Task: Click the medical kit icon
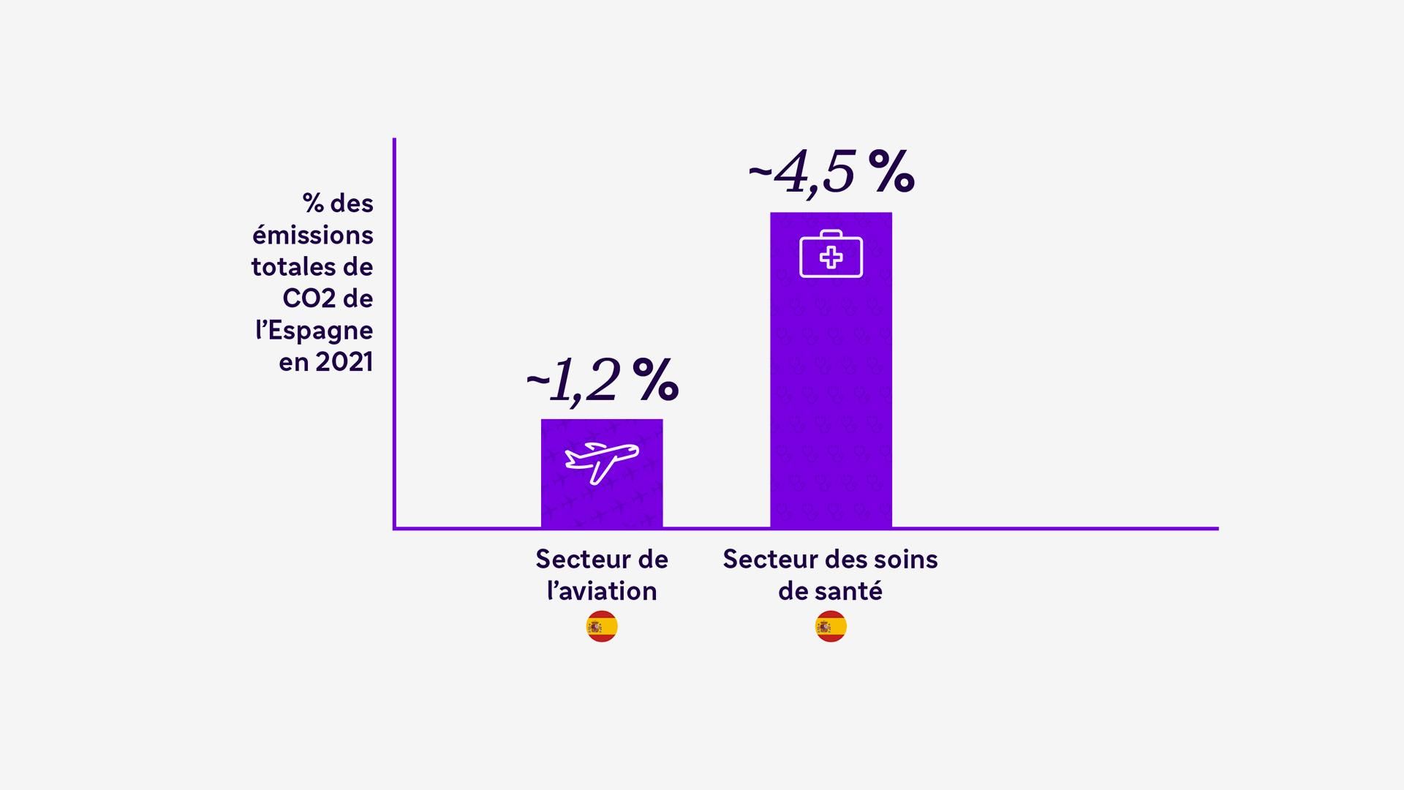coord(831,255)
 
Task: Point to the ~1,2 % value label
coord(601,380)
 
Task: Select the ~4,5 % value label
coord(831,173)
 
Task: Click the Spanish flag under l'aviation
coord(602,627)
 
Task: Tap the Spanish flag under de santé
coord(831,627)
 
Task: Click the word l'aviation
coord(602,591)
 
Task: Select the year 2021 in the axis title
coord(344,362)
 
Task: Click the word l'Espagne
coord(314,331)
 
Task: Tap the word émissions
coord(313,236)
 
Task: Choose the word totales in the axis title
coord(292,267)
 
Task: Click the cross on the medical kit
coord(831,257)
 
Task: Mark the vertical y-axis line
coord(394,329)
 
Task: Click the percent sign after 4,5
coord(892,173)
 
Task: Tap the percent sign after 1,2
coord(656,380)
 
